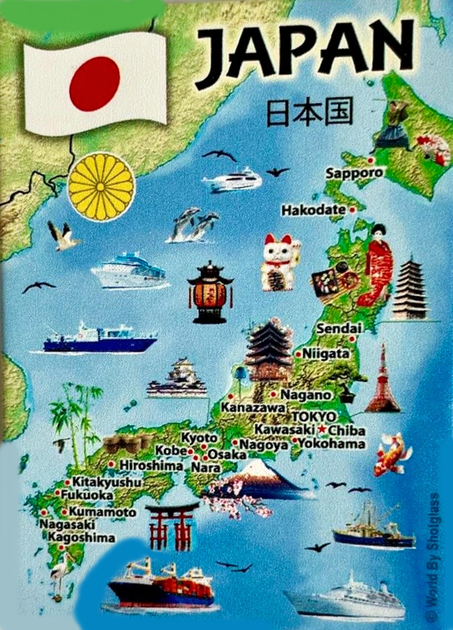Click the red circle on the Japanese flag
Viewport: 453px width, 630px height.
[x=95, y=84]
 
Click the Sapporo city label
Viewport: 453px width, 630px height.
[x=354, y=173]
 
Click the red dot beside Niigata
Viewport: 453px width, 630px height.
[x=298, y=354]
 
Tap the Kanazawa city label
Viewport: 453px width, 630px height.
[x=253, y=408]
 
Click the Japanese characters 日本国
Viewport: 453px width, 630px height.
[x=309, y=112]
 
